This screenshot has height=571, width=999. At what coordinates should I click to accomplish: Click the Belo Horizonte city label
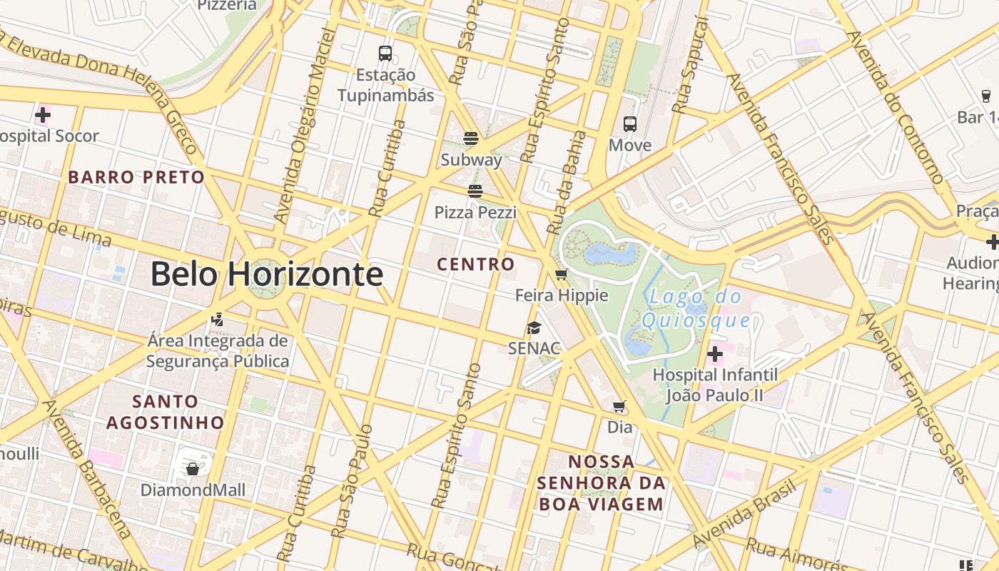[x=266, y=275]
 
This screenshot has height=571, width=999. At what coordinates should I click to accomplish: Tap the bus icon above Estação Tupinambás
[x=385, y=53]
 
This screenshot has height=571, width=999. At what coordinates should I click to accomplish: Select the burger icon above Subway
[x=471, y=138]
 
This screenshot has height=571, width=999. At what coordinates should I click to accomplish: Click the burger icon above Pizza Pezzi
[x=475, y=191]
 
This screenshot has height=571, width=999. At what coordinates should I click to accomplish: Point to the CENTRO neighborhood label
[x=476, y=264]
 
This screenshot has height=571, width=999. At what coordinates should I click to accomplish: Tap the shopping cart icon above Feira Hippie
[x=562, y=274]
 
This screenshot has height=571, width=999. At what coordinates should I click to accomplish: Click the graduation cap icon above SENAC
[x=534, y=328]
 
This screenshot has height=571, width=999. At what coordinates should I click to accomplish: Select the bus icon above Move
[x=630, y=124]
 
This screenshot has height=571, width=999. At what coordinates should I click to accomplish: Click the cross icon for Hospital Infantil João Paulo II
[x=715, y=354]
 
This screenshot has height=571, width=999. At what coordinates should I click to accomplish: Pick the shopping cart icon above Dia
[x=619, y=407]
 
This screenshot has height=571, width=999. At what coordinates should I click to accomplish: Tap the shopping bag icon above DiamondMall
[x=192, y=469]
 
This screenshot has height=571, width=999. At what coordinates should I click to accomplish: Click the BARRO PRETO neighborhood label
[x=136, y=177]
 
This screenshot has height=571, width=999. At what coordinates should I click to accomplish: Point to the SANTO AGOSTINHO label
[x=166, y=412]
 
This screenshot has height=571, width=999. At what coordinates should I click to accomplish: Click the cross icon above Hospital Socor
[x=43, y=114]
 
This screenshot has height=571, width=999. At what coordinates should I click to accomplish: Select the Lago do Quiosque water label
[x=696, y=308]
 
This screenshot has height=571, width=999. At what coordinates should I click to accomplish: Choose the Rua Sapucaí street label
[x=690, y=66]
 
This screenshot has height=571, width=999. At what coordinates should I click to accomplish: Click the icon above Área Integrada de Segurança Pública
[x=218, y=320]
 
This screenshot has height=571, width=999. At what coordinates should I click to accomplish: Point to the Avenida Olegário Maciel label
[x=303, y=125]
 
